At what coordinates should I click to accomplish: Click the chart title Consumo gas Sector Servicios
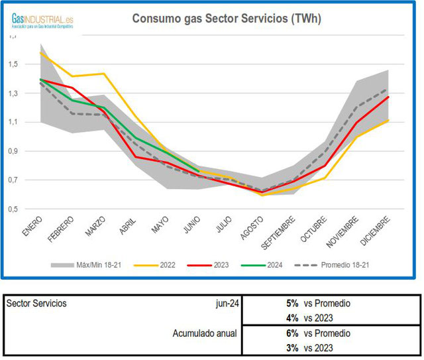227,19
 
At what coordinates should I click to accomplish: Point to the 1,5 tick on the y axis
14,64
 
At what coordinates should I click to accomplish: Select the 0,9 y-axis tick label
14,151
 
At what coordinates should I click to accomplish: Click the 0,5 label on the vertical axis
14,209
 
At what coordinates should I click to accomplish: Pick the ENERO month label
32,226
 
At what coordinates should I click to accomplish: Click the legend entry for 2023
213,265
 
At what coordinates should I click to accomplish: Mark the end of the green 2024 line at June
199,171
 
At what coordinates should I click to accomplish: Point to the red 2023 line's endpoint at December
388,97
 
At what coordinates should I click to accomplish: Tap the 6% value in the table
292,333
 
